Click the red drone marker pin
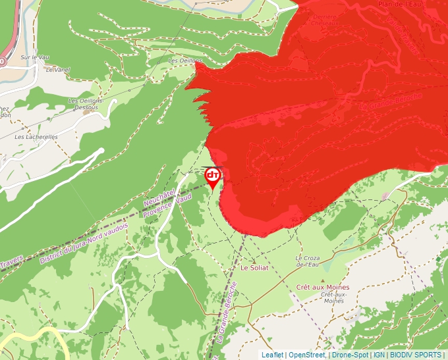click(213, 176)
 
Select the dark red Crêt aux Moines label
click(323, 288)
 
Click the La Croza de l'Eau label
click(307, 261)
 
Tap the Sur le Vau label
click(35, 57)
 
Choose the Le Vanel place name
click(58, 69)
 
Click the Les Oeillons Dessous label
click(85, 103)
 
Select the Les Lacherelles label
click(36, 137)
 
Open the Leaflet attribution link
click(272, 355)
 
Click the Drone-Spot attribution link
click(350, 355)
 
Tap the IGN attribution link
click(379, 355)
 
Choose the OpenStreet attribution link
click(307, 355)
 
